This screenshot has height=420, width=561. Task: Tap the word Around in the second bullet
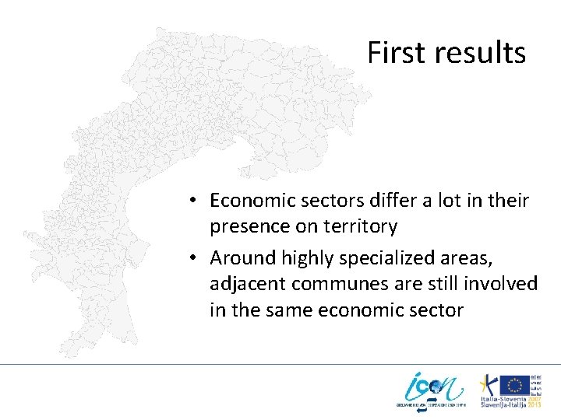[237, 257]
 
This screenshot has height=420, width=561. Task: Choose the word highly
[299, 257]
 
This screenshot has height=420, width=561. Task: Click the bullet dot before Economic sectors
[192, 201]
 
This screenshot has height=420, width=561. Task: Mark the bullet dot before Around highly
[192, 258]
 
